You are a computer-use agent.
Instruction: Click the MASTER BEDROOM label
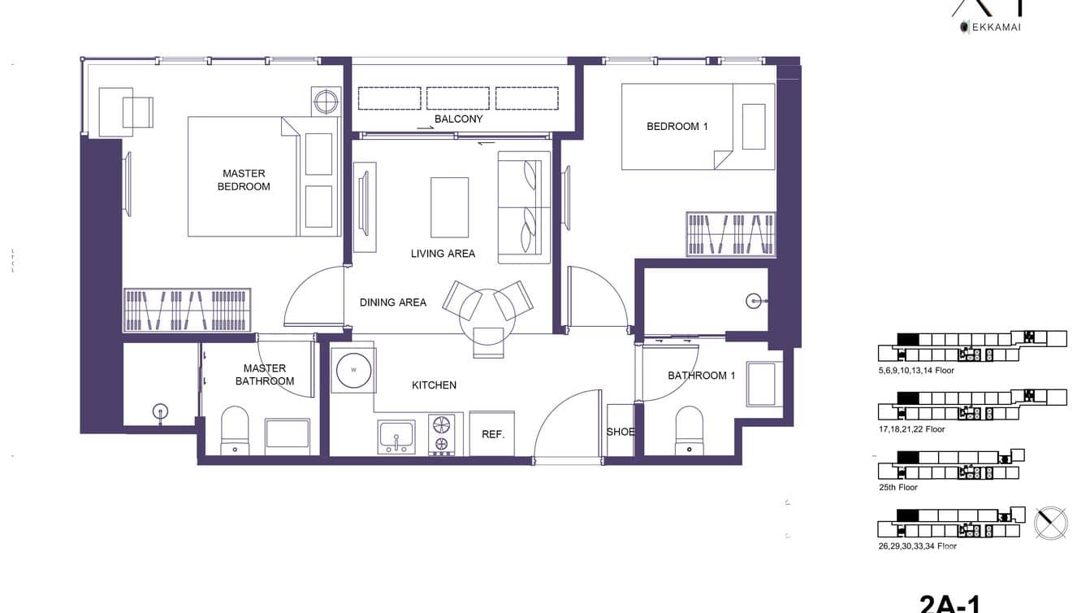(x=244, y=180)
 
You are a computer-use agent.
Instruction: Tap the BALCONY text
(x=458, y=119)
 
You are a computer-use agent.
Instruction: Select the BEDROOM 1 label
(x=677, y=126)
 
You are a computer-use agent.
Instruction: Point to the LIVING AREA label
(x=443, y=254)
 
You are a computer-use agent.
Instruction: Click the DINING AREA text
(x=392, y=302)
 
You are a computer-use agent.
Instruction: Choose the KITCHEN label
(x=434, y=385)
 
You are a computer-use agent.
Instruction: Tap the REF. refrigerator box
(x=492, y=434)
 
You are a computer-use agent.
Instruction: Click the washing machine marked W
(x=353, y=370)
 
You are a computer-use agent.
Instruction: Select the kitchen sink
(x=396, y=437)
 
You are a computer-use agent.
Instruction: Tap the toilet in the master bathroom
(x=235, y=431)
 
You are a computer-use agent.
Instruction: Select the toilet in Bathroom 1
(x=689, y=431)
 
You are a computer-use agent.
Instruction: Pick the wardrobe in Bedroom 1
(x=730, y=234)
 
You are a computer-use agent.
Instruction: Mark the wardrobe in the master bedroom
(x=187, y=310)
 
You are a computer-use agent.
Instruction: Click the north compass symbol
(x=1050, y=523)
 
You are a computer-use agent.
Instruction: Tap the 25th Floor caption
(x=898, y=488)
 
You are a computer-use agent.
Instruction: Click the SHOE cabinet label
(x=621, y=432)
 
